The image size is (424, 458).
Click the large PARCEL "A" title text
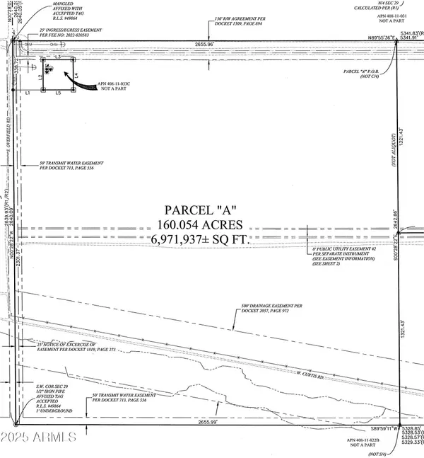[x=202, y=211]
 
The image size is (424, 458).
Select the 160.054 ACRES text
[x=202, y=226]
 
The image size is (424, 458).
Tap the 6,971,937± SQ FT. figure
[x=202, y=241]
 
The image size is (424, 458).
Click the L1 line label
[x=26, y=93]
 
